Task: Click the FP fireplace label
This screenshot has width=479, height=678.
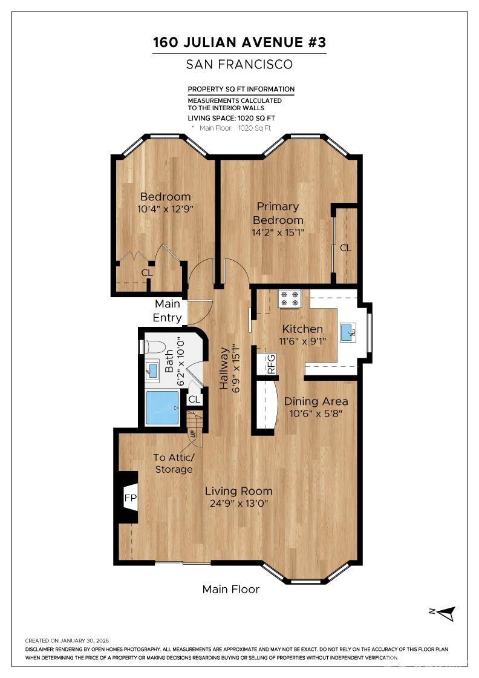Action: [x=130, y=498]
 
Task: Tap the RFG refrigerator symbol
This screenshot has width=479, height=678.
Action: [x=270, y=363]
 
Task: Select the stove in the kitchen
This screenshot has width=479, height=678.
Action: [x=289, y=298]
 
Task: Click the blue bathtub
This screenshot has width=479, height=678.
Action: [x=162, y=407]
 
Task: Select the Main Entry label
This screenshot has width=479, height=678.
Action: [x=167, y=311]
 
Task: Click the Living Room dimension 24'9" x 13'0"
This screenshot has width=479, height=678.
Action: [x=238, y=503]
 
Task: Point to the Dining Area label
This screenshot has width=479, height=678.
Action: [x=316, y=401]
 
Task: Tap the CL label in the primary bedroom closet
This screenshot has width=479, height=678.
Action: [x=345, y=248]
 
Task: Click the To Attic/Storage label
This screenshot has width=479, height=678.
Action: [x=173, y=464]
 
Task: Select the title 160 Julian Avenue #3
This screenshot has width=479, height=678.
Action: [x=239, y=43]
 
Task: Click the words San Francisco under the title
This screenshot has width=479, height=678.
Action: [x=239, y=64]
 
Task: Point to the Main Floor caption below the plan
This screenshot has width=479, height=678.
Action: [x=230, y=589]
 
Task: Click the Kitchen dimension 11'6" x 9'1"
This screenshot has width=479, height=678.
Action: [x=302, y=340]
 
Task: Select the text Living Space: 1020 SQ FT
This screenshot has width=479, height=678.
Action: [x=231, y=118]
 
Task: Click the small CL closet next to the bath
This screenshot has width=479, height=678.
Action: [x=194, y=400]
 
